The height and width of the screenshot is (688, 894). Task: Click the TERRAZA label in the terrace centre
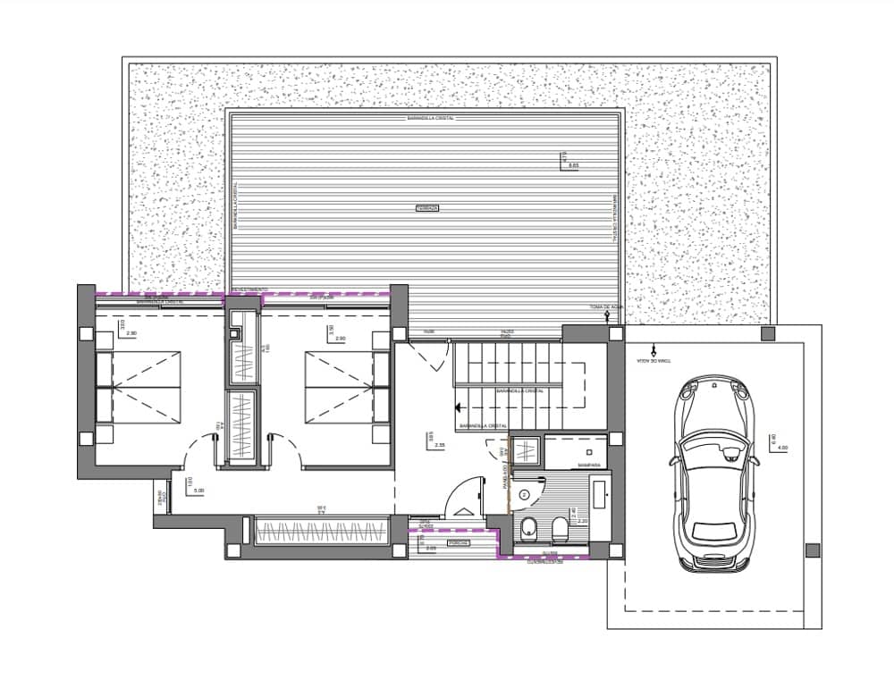click(427, 208)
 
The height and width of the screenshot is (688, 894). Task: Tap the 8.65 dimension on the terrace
click(573, 166)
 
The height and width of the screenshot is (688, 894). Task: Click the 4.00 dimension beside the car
click(783, 447)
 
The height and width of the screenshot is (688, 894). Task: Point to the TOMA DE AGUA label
click(604, 306)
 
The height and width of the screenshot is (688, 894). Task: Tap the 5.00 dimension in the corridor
click(198, 491)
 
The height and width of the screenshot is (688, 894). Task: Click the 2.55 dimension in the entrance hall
click(441, 443)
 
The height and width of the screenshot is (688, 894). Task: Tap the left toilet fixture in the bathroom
click(527, 528)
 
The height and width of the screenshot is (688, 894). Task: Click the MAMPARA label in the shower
click(588, 465)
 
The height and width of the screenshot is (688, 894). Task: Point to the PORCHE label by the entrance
click(460, 542)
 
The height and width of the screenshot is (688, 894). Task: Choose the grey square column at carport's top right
click(767, 333)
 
